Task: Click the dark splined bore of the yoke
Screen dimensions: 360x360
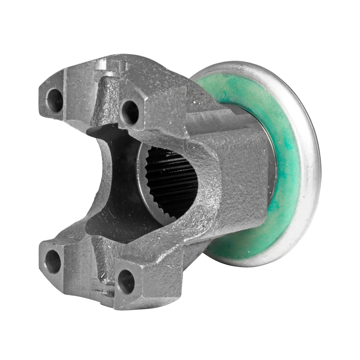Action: tap(171, 177)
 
